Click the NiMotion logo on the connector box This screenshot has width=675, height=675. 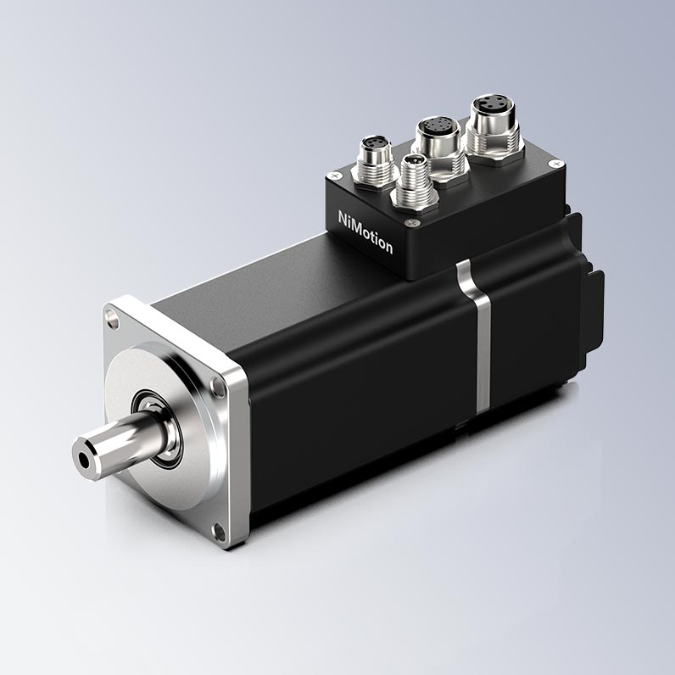(x=365, y=232)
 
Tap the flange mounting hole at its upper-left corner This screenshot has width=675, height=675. (x=114, y=320)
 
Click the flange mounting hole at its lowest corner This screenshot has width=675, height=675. (x=219, y=532)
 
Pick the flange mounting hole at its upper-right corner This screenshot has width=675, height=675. (x=217, y=387)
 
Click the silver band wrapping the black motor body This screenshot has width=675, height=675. (x=477, y=336)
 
